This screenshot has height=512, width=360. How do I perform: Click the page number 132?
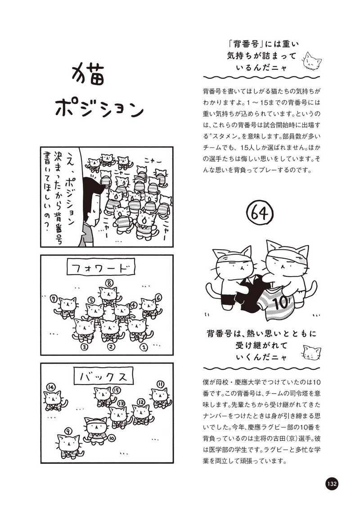pos(331,484)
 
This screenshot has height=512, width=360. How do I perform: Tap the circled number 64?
pos(260,213)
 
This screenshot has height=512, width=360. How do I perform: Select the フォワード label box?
pos(101,269)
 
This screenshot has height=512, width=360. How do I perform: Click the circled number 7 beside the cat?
pos(54,298)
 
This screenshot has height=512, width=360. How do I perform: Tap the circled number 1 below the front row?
pos(144,347)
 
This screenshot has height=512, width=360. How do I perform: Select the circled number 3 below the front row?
pos(84,347)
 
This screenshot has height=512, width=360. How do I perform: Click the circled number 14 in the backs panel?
pos(51,387)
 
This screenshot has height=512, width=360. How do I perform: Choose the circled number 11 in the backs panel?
pos(160,384)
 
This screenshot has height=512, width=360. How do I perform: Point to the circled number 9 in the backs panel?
pos(68,431)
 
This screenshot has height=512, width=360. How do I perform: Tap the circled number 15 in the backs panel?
pos(117,390)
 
